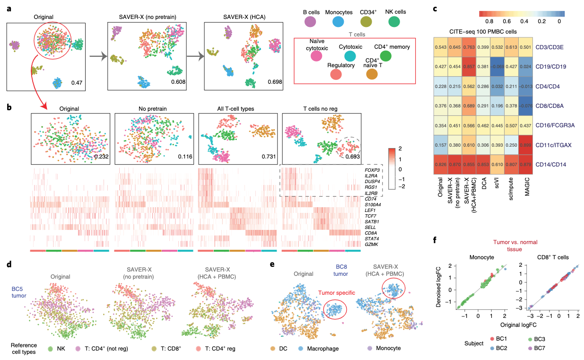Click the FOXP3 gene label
pyautogui.click(x=371, y=169)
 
